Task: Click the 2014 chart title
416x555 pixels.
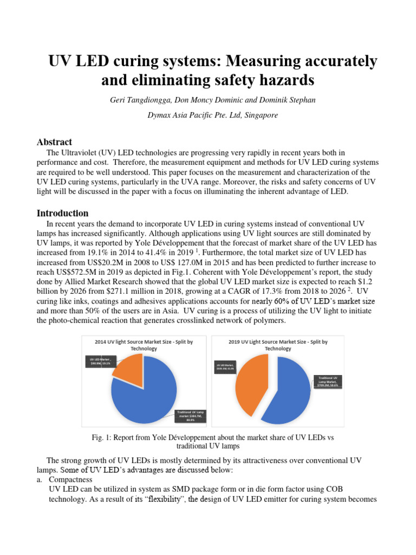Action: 143,345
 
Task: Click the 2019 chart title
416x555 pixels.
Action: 278,345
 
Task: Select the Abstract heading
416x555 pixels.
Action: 54,142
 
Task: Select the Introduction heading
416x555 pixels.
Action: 62,213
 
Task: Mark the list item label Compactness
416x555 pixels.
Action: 70,480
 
